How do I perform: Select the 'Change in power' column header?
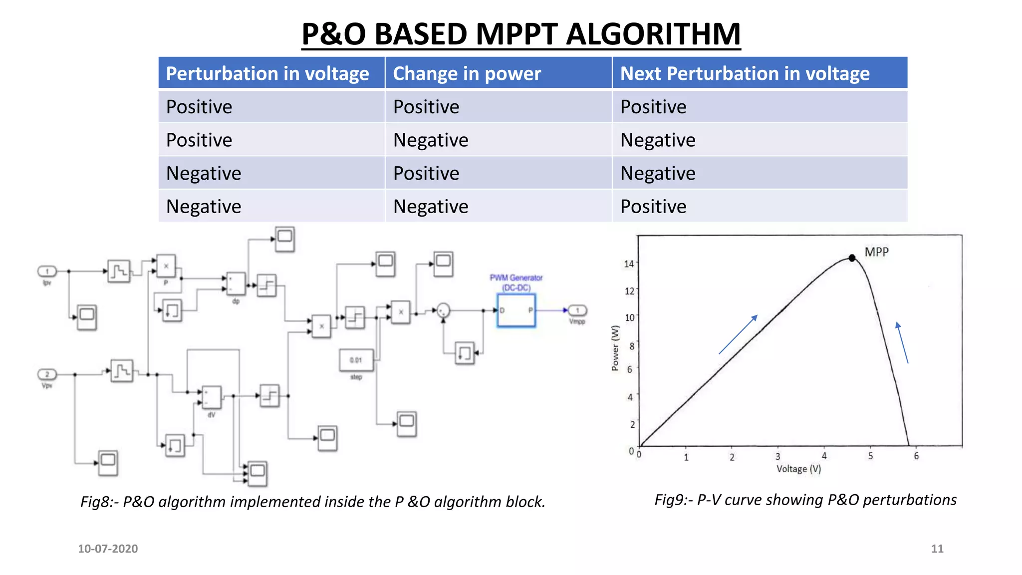(467, 74)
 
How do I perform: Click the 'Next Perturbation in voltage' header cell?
(745, 74)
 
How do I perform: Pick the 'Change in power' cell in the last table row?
(431, 207)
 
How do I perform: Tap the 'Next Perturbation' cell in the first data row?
(653, 107)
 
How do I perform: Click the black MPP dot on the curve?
(852, 258)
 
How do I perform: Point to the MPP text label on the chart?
(876, 252)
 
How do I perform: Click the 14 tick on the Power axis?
(629, 264)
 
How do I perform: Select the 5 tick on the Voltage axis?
(870, 456)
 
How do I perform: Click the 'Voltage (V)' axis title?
(798, 469)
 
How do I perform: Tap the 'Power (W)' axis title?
(615, 348)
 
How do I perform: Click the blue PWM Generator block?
(516, 310)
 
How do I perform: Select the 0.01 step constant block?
(356, 360)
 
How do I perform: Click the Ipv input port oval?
(47, 272)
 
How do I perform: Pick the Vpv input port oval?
(47, 374)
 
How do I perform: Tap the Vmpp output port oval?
(577, 310)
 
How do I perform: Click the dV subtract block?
(211, 397)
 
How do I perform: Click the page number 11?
(937, 549)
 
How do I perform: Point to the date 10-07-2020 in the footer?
(108, 549)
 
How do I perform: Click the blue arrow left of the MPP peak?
(738, 334)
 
